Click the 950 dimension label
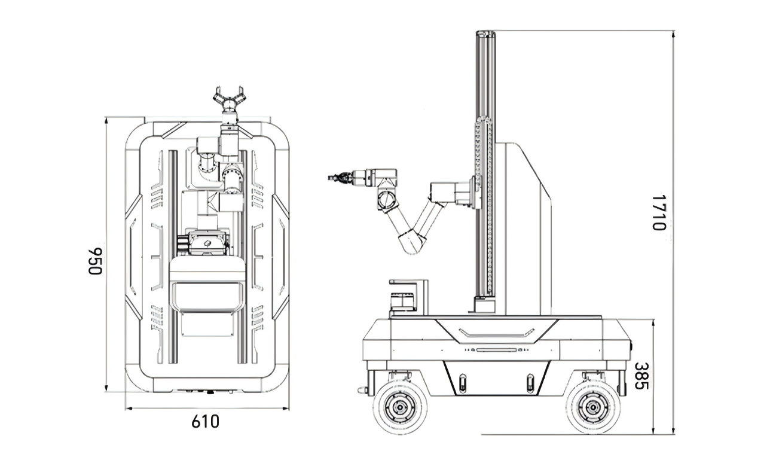(x=95, y=261)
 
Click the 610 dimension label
(x=205, y=422)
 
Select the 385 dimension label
(x=641, y=376)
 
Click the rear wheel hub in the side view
(x=593, y=407)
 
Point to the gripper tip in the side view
(x=329, y=178)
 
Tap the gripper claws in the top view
(x=229, y=97)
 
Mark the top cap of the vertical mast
(x=485, y=33)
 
